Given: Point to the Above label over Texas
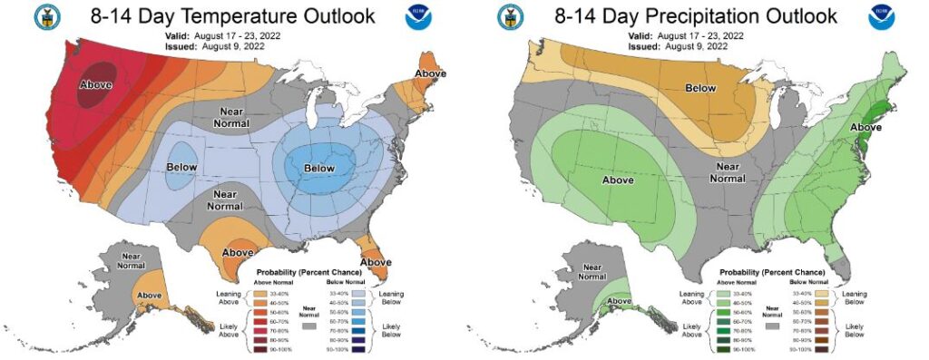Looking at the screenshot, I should [238, 251].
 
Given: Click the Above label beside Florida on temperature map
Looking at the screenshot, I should [375, 262].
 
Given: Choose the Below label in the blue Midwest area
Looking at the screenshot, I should [320, 169].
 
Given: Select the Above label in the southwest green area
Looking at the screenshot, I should [617, 180].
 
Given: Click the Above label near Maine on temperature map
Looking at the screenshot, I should [431, 73].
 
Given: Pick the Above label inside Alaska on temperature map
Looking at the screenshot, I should [148, 296].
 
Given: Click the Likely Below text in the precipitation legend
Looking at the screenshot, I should [856, 330].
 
